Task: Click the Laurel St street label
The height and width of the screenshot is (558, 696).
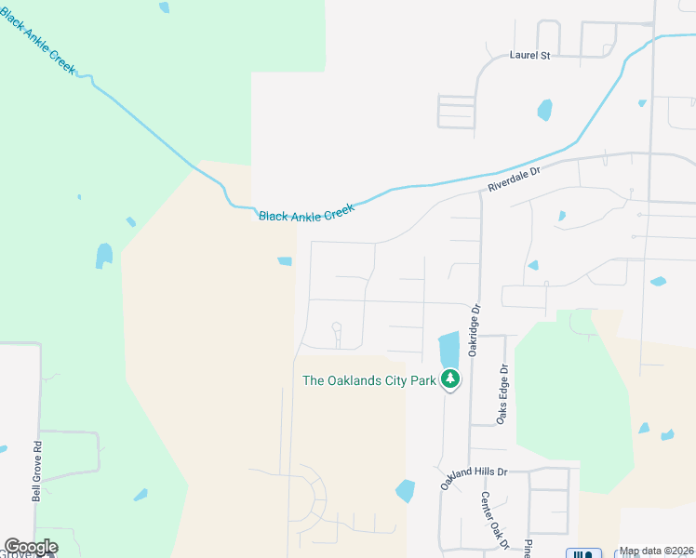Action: coord(530,56)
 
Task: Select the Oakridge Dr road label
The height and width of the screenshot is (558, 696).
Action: coord(474,330)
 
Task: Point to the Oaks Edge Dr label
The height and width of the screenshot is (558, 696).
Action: coord(502,394)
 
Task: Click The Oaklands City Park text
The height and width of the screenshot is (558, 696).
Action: coord(369,380)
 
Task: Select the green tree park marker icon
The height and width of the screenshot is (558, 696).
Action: coord(450,379)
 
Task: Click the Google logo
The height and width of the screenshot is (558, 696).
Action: coord(30,547)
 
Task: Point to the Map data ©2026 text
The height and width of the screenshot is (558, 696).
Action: coord(656,551)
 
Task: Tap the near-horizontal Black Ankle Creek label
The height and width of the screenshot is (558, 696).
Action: coord(307,215)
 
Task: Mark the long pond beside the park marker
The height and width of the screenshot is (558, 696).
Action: coord(448,348)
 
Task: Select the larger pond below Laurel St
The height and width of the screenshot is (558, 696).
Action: coord(544,111)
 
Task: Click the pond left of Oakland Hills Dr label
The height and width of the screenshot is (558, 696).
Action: coord(405,490)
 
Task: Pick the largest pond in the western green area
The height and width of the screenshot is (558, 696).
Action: coord(103,256)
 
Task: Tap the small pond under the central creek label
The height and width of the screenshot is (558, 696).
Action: coord(285,261)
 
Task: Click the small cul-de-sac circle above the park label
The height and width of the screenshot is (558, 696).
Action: coord(336,326)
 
